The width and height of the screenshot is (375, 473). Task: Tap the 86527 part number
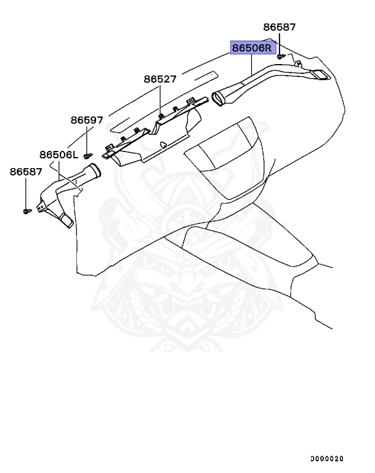point(160,79)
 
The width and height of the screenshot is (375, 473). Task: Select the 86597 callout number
point(86,120)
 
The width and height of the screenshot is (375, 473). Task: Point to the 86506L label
point(58,155)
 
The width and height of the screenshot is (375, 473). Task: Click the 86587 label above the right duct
point(280,27)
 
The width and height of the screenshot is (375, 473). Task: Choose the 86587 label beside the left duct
point(25,172)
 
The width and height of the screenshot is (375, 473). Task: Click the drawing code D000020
point(326,459)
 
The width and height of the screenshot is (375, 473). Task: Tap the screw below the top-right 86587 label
point(281,56)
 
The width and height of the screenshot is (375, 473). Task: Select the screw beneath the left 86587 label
point(26,211)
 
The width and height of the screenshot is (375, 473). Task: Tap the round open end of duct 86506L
point(94,170)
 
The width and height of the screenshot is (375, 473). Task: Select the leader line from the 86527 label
point(160,99)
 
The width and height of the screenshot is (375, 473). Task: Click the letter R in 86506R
point(268,47)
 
